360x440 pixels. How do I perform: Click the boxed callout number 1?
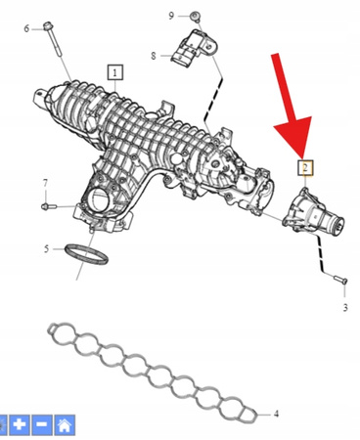click(x=115, y=72)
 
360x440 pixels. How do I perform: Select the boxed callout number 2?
click(x=305, y=168)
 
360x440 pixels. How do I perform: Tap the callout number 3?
click(x=345, y=307)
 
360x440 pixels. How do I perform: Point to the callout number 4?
click(x=276, y=414)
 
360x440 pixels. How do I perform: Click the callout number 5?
click(x=46, y=249)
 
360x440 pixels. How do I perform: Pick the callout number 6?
click(x=26, y=28)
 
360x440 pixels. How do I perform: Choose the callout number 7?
click(x=45, y=183)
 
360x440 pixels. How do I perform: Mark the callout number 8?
click(x=154, y=56)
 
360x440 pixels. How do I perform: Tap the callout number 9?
click(x=171, y=16)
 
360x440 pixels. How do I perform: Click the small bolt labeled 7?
click(x=49, y=206)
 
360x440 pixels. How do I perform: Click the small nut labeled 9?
click(x=195, y=16)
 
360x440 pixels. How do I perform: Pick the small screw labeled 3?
click(x=340, y=280)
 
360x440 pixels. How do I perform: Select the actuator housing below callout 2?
click(x=312, y=211)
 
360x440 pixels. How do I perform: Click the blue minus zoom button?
click(x=41, y=424)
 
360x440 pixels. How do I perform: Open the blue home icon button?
click(x=65, y=424)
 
